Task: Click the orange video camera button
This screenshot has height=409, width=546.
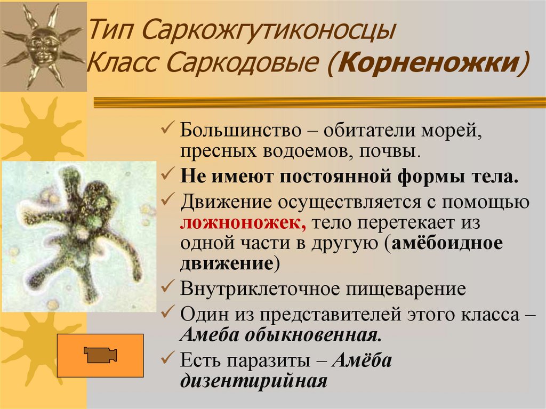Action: click(100, 354)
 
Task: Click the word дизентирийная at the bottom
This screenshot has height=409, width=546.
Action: click(253, 381)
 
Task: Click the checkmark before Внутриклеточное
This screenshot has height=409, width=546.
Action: click(167, 288)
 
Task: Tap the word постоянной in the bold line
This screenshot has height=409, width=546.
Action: click(309, 177)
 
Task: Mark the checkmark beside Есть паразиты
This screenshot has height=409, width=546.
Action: click(167, 359)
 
